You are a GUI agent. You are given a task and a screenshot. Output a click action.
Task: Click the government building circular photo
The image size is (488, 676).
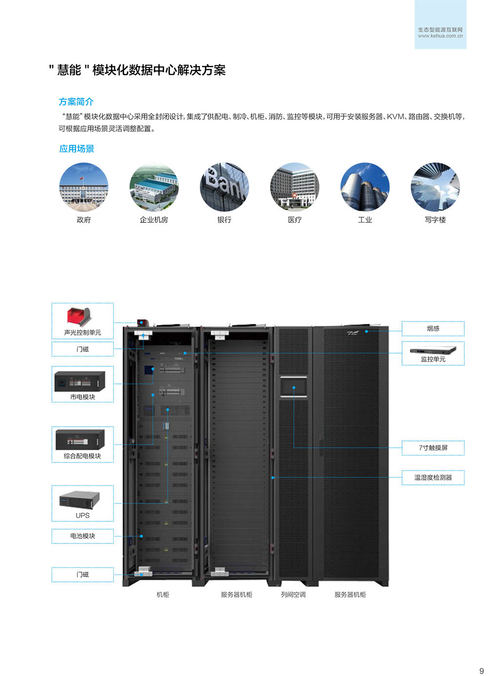84,187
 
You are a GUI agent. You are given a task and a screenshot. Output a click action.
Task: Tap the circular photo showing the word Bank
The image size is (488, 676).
224,187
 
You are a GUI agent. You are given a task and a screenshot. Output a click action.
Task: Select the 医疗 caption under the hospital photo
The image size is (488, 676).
295,220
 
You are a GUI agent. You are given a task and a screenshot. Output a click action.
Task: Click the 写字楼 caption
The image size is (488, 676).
435,220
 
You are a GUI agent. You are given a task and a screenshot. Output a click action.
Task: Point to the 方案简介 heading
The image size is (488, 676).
76,102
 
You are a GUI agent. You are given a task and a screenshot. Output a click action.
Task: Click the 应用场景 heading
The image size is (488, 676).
77,149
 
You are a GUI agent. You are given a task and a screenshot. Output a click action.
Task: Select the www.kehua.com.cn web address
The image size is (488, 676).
440,36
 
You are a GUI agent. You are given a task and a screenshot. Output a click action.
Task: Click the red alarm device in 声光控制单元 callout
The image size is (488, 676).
80,317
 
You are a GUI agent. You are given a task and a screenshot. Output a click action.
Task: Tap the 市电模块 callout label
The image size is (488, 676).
82,397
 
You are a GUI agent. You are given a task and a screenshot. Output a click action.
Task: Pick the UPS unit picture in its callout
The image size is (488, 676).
80,500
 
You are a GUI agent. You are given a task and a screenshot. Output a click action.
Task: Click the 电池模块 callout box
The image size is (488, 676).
82,536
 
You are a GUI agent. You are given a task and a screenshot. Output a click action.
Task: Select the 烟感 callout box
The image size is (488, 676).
433,329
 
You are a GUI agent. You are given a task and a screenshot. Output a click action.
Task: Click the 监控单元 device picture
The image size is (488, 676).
433,350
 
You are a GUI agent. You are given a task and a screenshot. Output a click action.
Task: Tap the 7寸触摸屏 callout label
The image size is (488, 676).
433,448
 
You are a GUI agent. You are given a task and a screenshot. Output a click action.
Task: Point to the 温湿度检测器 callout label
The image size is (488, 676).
433,477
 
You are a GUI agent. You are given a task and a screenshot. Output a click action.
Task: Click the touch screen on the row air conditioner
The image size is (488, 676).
294,387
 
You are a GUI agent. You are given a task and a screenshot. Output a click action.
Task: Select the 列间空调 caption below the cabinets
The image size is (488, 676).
293,595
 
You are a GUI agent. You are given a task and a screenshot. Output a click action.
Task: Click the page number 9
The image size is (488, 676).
482,671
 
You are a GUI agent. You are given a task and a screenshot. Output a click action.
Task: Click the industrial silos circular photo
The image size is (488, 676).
365,187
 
